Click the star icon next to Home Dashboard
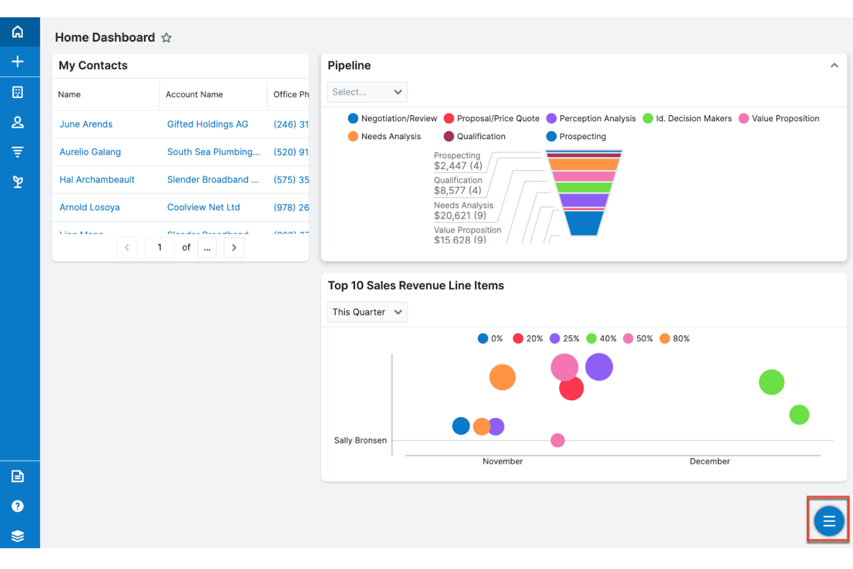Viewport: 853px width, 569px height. (x=167, y=38)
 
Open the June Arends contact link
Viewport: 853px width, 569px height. (x=86, y=124)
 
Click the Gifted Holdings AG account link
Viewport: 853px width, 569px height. (x=207, y=124)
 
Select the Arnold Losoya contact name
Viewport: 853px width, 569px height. (x=89, y=207)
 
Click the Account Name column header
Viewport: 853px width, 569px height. (x=194, y=95)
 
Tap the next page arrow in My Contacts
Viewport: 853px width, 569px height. (x=234, y=247)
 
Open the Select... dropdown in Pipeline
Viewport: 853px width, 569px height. (x=367, y=92)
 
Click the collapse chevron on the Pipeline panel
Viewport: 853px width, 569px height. (x=834, y=66)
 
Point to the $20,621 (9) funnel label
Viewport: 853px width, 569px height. (x=460, y=216)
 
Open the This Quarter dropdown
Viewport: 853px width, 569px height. (x=367, y=312)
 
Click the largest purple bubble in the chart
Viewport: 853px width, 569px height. (x=599, y=367)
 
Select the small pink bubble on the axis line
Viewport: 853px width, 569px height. (x=557, y=440)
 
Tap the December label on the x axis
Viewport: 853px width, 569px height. (x=709, y=461)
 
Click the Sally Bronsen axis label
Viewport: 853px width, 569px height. (x=360, y=440)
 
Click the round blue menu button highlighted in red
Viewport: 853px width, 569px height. (x=829, y=521)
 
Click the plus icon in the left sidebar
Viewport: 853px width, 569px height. (x=18, y=62)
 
